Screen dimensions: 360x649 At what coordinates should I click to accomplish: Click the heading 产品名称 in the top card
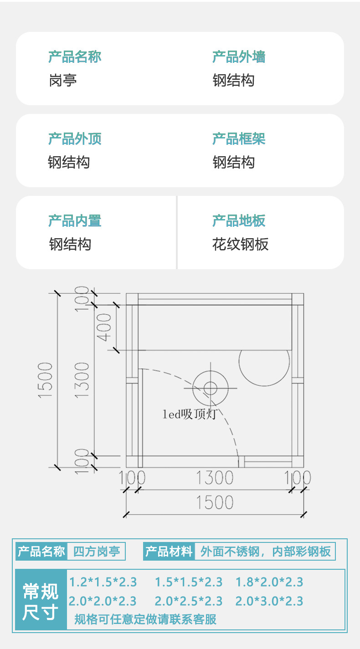pyautogui.click(x=75, y=57)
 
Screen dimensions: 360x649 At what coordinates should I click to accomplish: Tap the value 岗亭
pyautogui.click(x=62, y=81)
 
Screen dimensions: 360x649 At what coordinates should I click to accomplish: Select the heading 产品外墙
pyautogui.click(x=239, y=57)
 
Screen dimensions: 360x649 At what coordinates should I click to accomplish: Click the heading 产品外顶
pyautogui.click(x=75, y=139)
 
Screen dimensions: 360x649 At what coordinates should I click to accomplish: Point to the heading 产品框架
pyautogui.click(x=239, y=139)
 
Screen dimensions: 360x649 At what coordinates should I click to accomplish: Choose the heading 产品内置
pyautogui.click(x=75, y=221)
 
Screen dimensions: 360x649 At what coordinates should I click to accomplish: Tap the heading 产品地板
pyautogui.click(x=239, y=221)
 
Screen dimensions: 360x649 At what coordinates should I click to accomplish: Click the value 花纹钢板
pyautogui.click(x=240, y=245)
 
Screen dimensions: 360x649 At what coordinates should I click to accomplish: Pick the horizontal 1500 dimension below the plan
pyautogui.click(x=214, y=502)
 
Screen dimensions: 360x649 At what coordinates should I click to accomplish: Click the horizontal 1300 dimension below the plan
pyautogui.click(x=214, y=478)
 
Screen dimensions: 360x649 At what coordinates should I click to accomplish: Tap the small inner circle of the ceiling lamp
pyautogui.click(x=210, y=388)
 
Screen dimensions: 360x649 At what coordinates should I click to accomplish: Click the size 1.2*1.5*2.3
pyautogui.click(x=103, y=582)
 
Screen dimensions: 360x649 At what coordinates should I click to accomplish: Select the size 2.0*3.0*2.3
pyautogui.click(x=269, y=601)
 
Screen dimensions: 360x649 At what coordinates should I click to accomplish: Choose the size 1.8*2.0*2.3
pyautogui.click(x=269, y=582)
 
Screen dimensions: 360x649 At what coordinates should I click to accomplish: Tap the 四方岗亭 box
pyautogui.click(x=96, y=552)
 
